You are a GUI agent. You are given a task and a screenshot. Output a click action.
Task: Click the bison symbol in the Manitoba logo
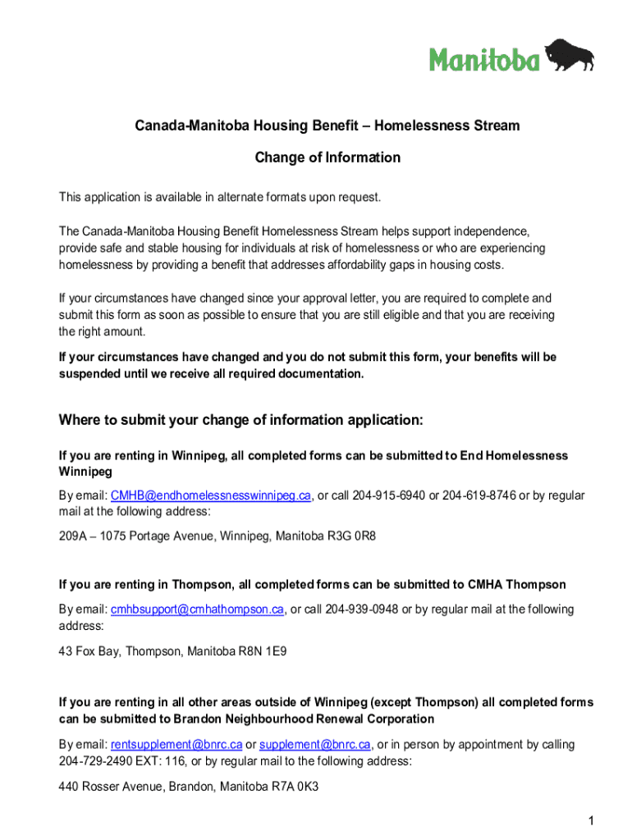pyautogui.click(x=570, y=54)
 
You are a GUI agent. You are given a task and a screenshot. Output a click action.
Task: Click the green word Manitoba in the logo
pyautogui.click(x=485, y=58)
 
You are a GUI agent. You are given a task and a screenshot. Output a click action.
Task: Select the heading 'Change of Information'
pyautogui.click(x=327, y=157)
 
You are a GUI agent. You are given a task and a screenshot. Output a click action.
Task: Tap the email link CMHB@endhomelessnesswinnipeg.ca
pyautogui.click(x=211, y=495)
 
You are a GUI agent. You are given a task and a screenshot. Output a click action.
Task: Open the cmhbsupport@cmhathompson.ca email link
pyautogui.click(x=197, y=609)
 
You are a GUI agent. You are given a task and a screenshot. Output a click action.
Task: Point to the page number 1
pyautogui.click(x=590, y=820)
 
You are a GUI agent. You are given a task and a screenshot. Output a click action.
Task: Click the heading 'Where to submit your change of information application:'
pyautogui.click(x=240, y=421)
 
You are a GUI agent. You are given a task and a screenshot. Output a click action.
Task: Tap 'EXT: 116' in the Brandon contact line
pyautogui.click(x=162, y=761)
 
